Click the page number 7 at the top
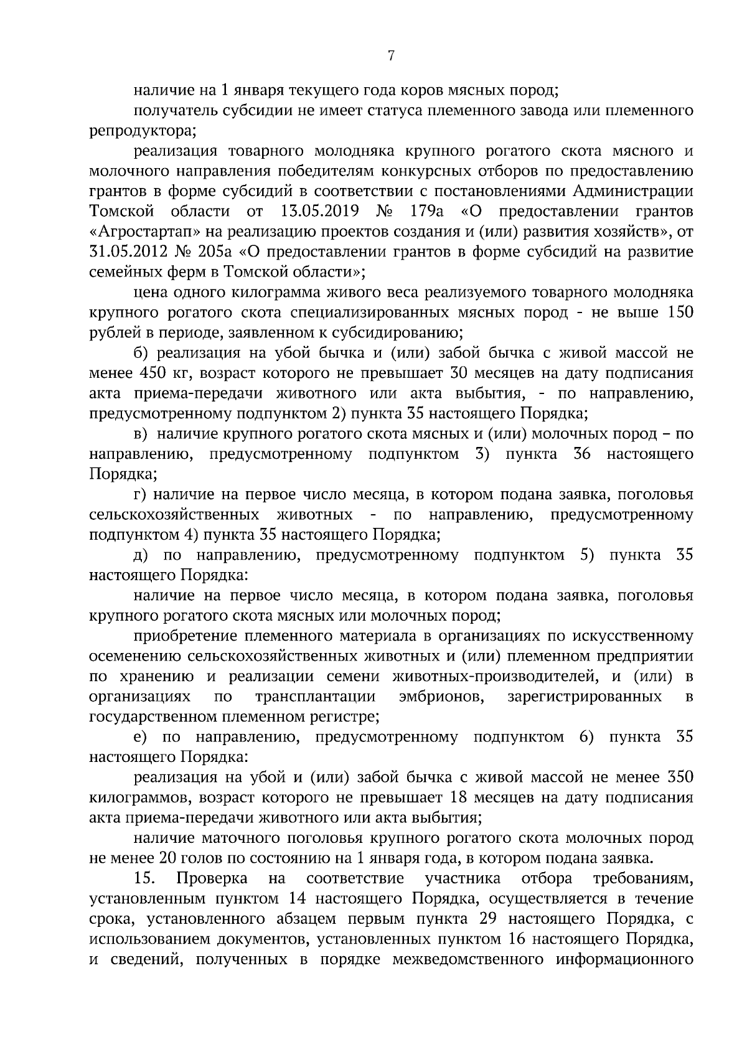(390, 56)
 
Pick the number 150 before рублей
(680, 312)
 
